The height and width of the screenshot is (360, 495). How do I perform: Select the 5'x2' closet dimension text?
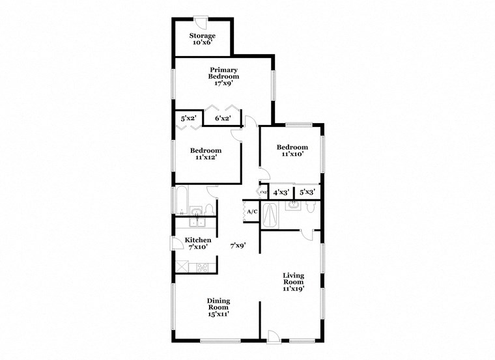188,118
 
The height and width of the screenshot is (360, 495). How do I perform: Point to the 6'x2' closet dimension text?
223,118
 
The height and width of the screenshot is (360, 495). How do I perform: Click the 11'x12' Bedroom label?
206,154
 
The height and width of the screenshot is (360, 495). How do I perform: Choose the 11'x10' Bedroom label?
291,151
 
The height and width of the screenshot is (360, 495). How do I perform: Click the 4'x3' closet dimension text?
281,193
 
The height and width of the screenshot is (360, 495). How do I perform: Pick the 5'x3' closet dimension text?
307,193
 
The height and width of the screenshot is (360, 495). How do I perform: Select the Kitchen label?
197,244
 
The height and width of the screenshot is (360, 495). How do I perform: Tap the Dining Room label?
218,305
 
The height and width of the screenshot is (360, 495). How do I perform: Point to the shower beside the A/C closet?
272,215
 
